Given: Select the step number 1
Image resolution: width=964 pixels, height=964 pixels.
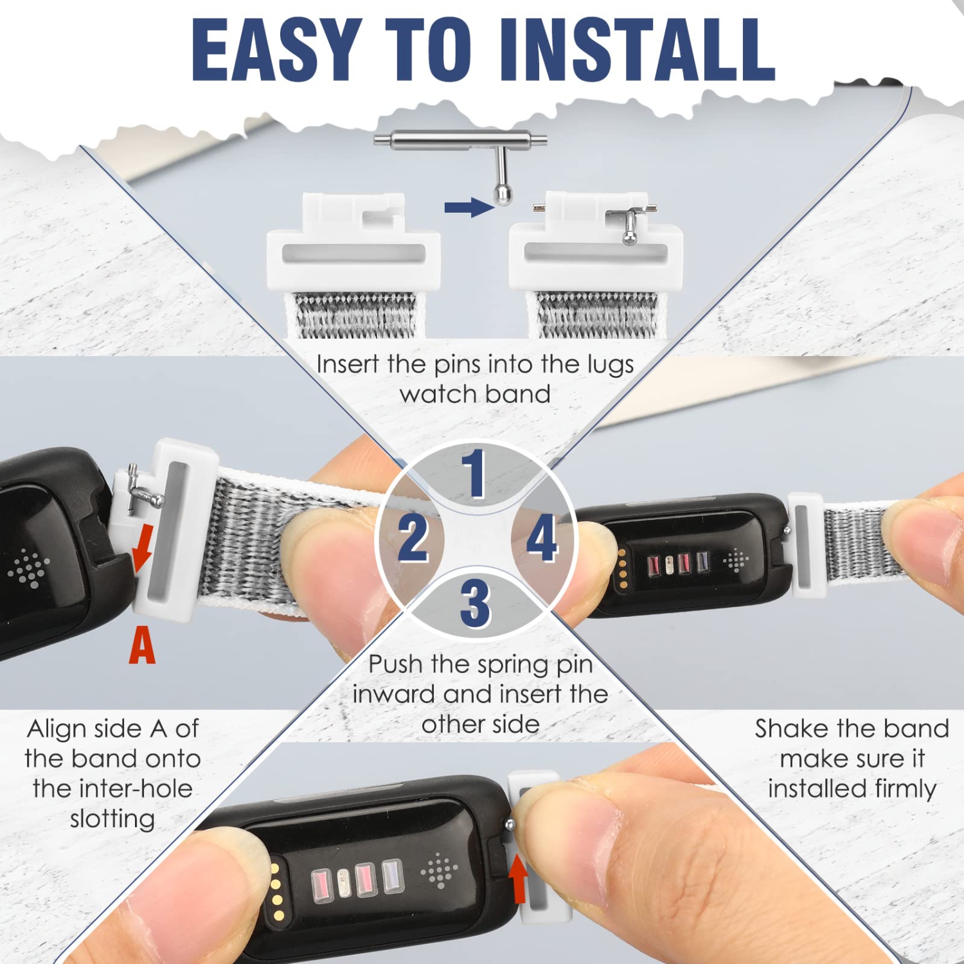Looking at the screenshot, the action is coord(475,474).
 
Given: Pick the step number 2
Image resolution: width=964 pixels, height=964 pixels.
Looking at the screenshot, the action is coord(413,538).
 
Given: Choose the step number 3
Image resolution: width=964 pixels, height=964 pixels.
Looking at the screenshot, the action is coord(476,602).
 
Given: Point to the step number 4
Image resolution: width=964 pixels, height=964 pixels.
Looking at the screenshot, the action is coord(542,538).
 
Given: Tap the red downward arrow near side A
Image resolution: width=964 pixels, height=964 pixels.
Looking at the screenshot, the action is coord(143,548).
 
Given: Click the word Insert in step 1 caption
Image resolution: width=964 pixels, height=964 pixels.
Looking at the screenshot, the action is coord(348,364).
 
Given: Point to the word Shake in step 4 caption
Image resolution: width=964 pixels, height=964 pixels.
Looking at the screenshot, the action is coord(792,729).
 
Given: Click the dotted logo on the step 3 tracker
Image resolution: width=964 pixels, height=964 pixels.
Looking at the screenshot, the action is coord(440,871).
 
